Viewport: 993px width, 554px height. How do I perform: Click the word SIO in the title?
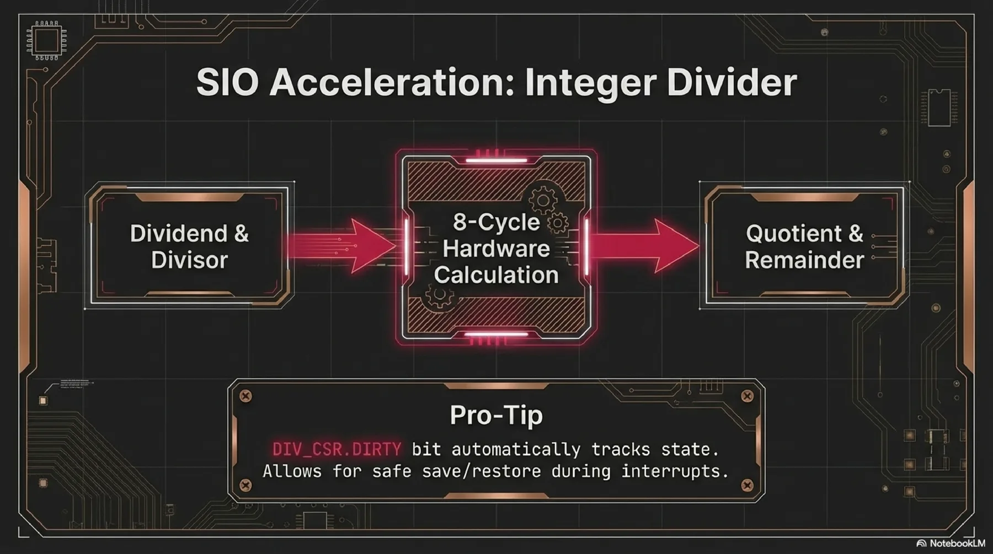pyautogui.click(x=227, y=83)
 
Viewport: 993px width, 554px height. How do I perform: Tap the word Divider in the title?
pyautogui.click(x=732, y=83)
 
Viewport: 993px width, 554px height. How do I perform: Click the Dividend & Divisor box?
pyautogui.click(x=189, y=246)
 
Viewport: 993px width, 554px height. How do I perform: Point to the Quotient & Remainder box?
pyautogui.click(x=804, y=246)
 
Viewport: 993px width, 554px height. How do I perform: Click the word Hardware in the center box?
pyautogui.click(x=496, y=249)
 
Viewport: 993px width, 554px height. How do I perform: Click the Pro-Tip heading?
pyautogui.click(x=496, y=415)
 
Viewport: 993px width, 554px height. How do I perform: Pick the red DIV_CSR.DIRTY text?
pyautogui.click(x=337, y=449)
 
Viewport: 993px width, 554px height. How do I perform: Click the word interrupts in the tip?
pyautogui.click(x=675, y=471)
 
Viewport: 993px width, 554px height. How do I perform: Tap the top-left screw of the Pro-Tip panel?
pyautogui.click(x=246, y=396)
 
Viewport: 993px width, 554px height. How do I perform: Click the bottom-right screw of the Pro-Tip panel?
pyautogui.click(x=747, y=485)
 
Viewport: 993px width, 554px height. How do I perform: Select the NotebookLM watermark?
pyautogui.click(x=951, y=544)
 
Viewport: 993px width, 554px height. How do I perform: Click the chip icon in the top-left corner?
pyautogui.click(x=46, y=40)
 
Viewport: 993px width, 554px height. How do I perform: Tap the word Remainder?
pyautogui.click(x=804, y=260)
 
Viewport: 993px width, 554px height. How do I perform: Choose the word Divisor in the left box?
pyautogui.click(x=189, y=260)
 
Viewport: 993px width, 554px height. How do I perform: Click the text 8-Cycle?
pyautogui.click(x=496, y=222)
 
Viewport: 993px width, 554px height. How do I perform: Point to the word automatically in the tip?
pyautogui.click(x=516, y=449)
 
